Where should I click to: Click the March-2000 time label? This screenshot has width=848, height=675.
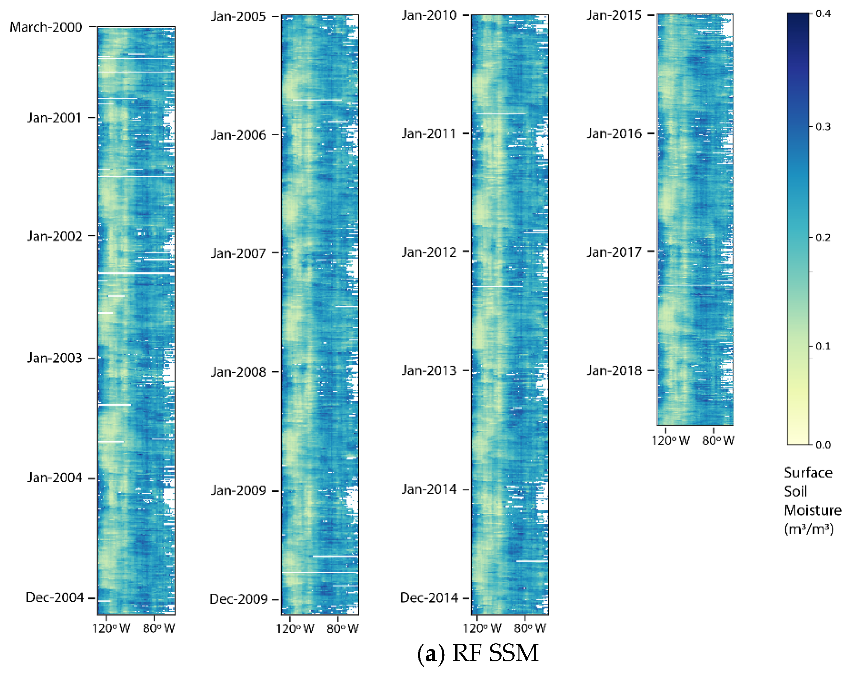(x=46, y=27)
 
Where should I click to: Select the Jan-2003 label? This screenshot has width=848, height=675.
(x=54, y=358)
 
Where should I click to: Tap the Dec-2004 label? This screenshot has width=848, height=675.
(x=55, y=597)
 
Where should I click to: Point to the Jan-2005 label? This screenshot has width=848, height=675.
(x=238, y=17)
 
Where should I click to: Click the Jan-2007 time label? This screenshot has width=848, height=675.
(x=238, y=253)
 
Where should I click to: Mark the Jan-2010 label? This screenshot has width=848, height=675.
(x=429, y=15)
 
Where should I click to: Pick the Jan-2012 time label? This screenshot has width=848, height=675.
(x=429, y=252)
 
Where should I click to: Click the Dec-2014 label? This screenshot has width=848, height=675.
(x=429, y=597)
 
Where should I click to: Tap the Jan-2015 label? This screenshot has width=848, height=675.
(x=614, y=15)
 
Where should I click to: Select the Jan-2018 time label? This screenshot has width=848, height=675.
(x=614, y=370)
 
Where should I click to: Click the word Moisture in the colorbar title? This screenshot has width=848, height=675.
(x=813, y=510)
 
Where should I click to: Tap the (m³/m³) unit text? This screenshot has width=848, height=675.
(x=809, y=529)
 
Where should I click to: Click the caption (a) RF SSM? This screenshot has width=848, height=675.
(x=477, y=653)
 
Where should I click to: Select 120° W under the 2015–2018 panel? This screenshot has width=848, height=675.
(x=671, y=440)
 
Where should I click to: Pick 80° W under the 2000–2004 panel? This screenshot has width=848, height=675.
(x=159, y=628)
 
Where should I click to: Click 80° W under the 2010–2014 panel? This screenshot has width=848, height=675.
(x=530, y=628)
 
